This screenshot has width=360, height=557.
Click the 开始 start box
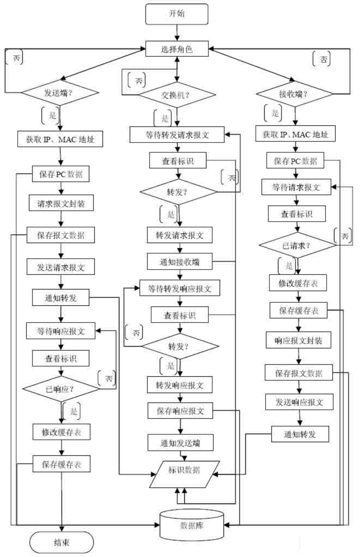177,14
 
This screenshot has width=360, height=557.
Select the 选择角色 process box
177,49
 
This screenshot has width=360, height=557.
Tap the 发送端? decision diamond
60,92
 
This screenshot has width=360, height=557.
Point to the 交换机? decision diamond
177,95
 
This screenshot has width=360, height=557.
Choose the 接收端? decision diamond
295,94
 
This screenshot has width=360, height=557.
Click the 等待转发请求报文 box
177,135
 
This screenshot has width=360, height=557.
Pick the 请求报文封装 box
61,203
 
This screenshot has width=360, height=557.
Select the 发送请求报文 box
61,267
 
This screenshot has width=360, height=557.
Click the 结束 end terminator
61,542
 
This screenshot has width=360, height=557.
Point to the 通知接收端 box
179,261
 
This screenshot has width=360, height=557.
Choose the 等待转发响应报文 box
179,288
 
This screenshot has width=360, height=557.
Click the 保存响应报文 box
180,411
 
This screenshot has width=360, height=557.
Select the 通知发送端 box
181,443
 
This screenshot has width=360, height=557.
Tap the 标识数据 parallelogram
184,474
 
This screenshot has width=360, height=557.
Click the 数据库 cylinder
192,525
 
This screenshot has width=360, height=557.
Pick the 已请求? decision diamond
297,245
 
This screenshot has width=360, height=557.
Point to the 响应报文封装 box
298,340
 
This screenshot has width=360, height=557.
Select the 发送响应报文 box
299,402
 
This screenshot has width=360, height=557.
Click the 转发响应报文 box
179,385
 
